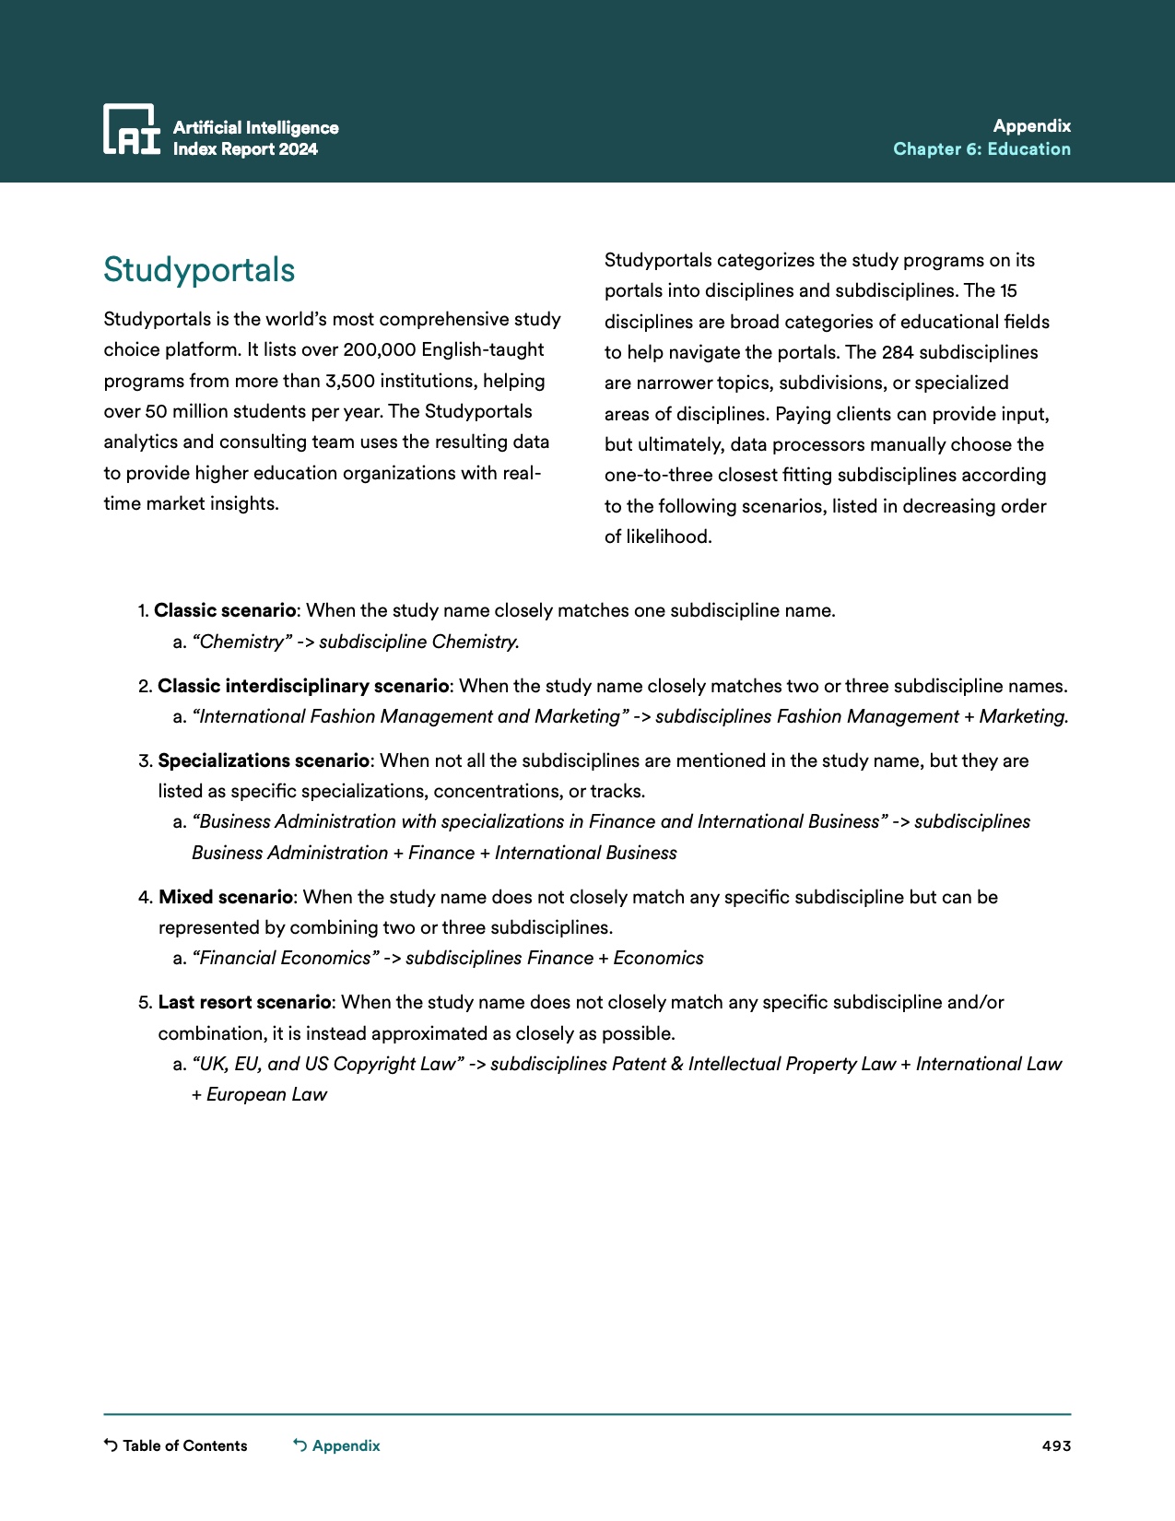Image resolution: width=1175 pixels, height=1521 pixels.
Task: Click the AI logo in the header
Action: (131, 129)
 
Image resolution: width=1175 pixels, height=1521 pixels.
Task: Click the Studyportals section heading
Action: (199, 270)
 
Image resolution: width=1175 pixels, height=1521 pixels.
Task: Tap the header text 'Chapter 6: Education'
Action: (981, 149)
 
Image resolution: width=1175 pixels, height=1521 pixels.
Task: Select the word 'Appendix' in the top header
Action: (1031, 126)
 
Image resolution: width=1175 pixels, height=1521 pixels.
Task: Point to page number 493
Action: (1056, 1445)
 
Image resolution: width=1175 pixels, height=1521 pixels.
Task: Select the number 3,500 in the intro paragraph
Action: (350, 381)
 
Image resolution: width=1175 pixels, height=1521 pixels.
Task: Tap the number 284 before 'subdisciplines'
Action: (897, 352)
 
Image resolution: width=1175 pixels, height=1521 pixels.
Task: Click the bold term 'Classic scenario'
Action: (225, 610)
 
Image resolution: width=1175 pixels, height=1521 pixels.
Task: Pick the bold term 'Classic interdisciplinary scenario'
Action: (303, 686)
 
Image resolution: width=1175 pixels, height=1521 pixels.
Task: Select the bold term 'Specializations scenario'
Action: (264, 760)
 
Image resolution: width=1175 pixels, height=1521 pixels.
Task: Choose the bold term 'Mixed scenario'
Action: (226, 897)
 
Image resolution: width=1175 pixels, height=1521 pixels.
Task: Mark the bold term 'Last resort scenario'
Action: (244, 1002)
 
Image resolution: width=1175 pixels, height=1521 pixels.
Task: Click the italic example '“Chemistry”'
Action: (241, 642)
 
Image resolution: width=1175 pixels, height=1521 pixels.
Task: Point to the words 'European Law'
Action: (266, 1094)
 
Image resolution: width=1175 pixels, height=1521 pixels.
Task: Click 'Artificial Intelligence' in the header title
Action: (255, 128)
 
